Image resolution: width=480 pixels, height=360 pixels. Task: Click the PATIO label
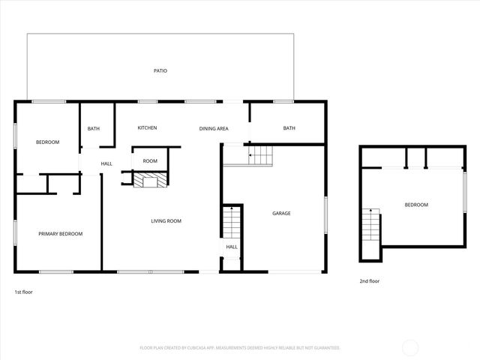pyautogui.click(x=160, y=71)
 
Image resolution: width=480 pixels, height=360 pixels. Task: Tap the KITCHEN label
pyautogui.click(x=147, y=128)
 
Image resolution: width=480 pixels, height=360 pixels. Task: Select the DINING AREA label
pyautogui.click(x=214, y=129)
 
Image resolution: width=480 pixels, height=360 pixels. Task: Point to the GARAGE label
pyautogui.click(x=281, y=214)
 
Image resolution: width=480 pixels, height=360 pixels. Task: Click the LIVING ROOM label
pyautogui.click(x=166, y=221)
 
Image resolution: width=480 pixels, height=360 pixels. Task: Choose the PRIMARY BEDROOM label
pyautogui.click(x=60, y=234)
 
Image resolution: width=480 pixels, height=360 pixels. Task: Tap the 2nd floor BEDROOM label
pyautogui.click(x=416, y=205)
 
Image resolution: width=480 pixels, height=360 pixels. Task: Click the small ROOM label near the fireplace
pyautogui.click(x=150, y=161)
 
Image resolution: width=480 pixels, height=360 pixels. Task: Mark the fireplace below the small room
pyautogui.click(x=149, y=181)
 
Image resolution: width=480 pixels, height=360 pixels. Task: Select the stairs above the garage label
pyautogui.click(x=261, y=156)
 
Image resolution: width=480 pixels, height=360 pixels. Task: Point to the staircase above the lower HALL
pyautogui.click(x=232, y=222)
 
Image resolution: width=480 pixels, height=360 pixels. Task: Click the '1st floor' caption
pyautogui.click(x=23, y=291)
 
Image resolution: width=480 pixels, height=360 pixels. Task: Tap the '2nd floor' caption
pyautogui.click(x=370, y=281)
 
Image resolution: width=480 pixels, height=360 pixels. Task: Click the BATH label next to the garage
pyautogui.click(x=289, y=128)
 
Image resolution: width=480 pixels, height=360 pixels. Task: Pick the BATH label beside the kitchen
pyautogui.click(x=93, y=129)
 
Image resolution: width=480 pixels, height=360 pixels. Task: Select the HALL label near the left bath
pyautogui.click(x=106, y=163)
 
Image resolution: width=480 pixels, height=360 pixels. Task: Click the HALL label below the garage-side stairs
pyautogui.click(x=232, y=247)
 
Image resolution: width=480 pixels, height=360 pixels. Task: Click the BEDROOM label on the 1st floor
pyautogui.click(x=47, y=142)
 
